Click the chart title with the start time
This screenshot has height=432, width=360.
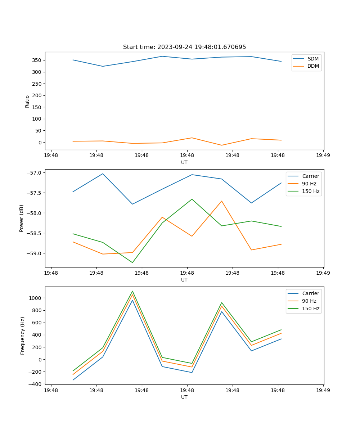pyautogui.click(x=184, y=47)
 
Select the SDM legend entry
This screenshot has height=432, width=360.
pyautogui.click(x=313, y=59)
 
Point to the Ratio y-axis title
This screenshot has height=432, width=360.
pyautogui.click(x=27, y=101)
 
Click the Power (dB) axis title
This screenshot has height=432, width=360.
pyautogui.click(x=22, y=218)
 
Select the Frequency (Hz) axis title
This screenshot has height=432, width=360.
pyautogui.click(x=23, y=336)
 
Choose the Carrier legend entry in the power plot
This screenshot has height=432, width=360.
pyautogui.click(x=310, y=176)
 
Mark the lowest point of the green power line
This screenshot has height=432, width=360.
pyautogui.click(x=132, y=262)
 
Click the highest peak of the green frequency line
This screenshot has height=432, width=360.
pyautogui.click(x=132, y=291)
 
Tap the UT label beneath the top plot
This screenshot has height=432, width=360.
pyautogui.click(x=184, y=162)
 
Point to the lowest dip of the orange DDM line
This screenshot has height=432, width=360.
pyautogui.click(x=221, y=145)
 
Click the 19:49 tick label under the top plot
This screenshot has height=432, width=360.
pyautogui.click(x=323, y=156)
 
